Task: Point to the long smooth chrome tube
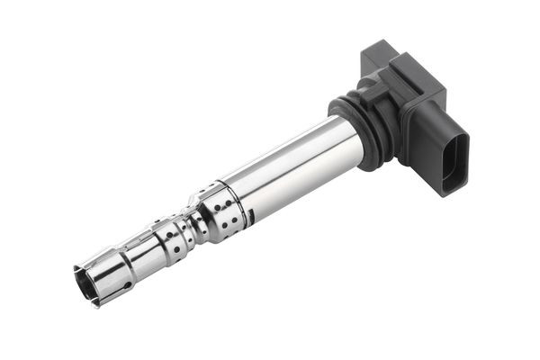click(x=288, y=166)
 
